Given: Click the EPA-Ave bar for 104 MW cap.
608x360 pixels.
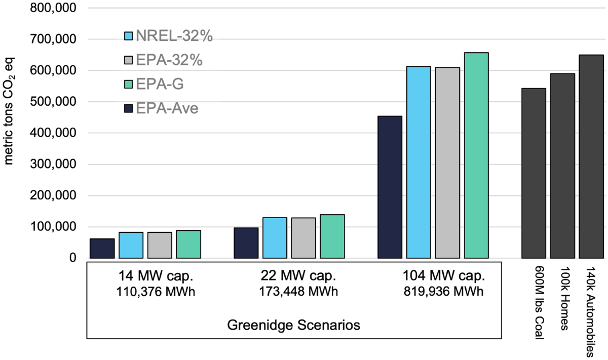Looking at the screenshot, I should (x=390, y=187).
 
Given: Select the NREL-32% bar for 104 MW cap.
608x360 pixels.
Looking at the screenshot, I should (x=419, y=163).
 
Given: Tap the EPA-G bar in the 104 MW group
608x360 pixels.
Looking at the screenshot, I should (x=476, y=155).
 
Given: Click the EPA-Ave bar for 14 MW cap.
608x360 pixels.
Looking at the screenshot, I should (x=102, y=248).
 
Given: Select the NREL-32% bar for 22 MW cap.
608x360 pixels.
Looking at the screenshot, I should (x=275, y=238).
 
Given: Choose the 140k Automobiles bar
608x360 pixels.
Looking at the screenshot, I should (x=592, y=156).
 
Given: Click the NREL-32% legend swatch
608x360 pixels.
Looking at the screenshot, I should (x=129, y=36).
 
